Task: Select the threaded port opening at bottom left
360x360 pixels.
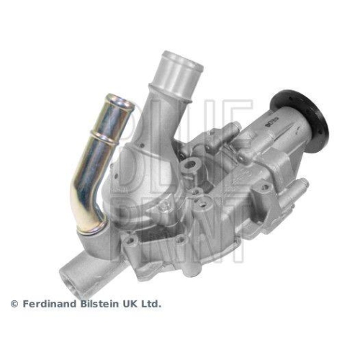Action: coord(70,271)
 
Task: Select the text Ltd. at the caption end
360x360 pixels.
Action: coord(152,304)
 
